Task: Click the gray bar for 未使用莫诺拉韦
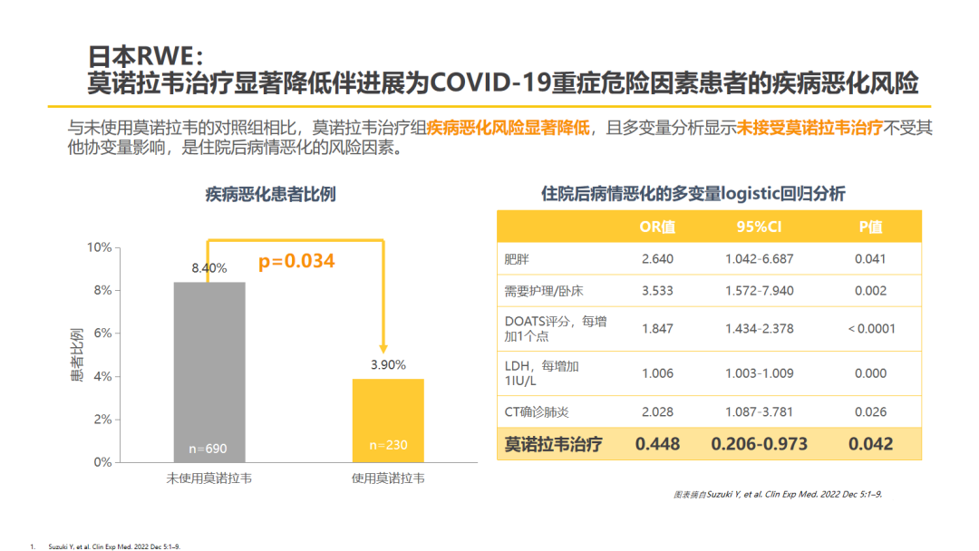(208, 372)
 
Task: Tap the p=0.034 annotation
(296, 262)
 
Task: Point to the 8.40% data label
(208, 268)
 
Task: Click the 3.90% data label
(387, 364)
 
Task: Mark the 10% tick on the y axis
(99, 247)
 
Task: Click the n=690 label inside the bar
(208, 449)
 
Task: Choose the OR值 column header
(657, 227)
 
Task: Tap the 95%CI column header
(759, 227)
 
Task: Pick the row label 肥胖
(517, 259)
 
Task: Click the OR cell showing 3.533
(657, 291)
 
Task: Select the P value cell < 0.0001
(870, 328)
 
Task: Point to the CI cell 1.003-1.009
(759, 372)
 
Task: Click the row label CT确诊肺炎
(537, 412)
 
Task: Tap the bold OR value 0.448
(657, 444)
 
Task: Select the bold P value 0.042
(870, 444)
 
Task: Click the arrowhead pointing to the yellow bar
(383, 347)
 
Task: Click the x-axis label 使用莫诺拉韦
(387, 478)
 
